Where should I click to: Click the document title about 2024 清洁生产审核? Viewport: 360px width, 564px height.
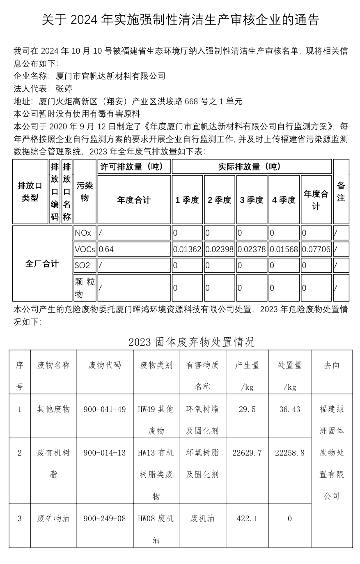180,20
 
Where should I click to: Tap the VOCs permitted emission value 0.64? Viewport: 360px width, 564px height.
107,249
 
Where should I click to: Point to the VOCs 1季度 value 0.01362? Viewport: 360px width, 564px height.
187,249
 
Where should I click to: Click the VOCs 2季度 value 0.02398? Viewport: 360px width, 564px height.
220,249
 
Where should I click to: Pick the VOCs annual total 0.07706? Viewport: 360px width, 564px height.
316,249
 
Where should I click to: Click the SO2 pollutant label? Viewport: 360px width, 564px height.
82,265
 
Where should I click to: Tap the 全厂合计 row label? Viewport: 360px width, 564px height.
42,264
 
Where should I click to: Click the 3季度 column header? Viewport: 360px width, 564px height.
252,200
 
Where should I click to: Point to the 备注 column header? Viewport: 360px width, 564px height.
341,192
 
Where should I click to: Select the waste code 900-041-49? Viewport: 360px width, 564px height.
104,409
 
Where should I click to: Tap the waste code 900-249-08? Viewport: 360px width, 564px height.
104,518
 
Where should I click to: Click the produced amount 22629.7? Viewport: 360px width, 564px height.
247,453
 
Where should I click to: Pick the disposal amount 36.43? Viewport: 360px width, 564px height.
289,409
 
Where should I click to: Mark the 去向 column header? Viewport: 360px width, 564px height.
331,365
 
